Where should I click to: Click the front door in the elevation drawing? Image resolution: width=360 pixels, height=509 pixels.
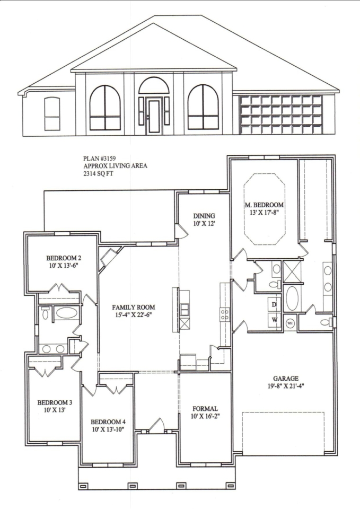[x=154, y=117]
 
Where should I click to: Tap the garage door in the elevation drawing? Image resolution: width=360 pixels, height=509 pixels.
[x=280, y=115]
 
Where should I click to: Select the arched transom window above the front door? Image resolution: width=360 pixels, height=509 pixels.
[x=154, y=86]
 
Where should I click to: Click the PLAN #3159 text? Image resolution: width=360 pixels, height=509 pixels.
[x=98, y=159]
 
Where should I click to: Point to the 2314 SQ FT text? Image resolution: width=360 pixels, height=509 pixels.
[x=99, y=174]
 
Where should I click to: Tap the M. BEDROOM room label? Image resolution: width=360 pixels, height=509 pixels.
[x=264, y=205]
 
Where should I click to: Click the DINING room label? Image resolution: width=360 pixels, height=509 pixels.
[x=204, y=216]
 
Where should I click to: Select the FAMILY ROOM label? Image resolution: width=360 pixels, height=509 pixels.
[x=134, y=307]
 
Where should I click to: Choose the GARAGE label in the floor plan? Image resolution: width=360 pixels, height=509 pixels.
[x=286, y=379]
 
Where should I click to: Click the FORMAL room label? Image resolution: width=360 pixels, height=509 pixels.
[x=205, y=409]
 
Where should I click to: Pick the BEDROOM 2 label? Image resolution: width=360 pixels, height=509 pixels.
[x=64, y=258]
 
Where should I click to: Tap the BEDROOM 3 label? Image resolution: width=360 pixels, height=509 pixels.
[x=55, y=402]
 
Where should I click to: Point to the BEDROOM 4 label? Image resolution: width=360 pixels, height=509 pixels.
[x=108, y=422]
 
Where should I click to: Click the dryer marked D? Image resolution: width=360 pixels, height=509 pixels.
[x=274, y=304]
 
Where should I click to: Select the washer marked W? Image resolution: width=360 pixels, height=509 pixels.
[x=274, y=320]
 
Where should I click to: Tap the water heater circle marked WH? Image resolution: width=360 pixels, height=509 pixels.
[x=289, y=323]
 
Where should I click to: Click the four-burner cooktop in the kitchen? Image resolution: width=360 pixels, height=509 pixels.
[x=225, y=314]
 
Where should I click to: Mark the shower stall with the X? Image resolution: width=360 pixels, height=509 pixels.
[x=292, y=271]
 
